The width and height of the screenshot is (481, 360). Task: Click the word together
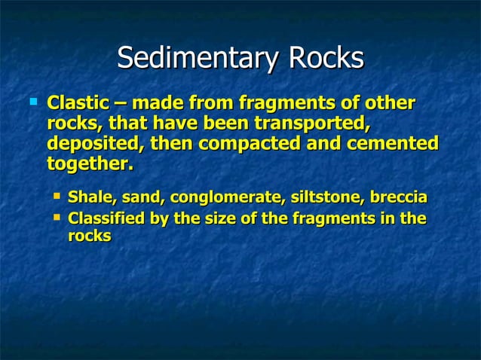(89, 163)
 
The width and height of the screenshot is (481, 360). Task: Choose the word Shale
(88, 198)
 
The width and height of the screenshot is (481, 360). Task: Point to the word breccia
(399, 198)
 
